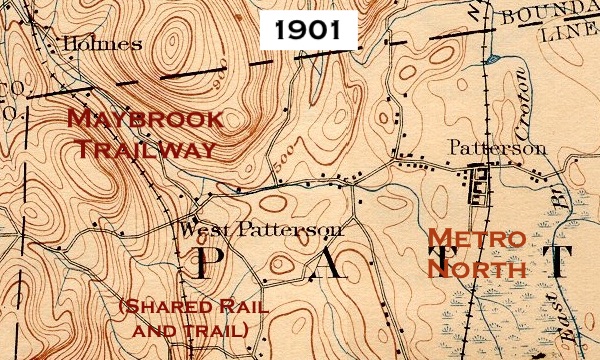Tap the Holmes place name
pyautogui.click(x=95, y=44)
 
